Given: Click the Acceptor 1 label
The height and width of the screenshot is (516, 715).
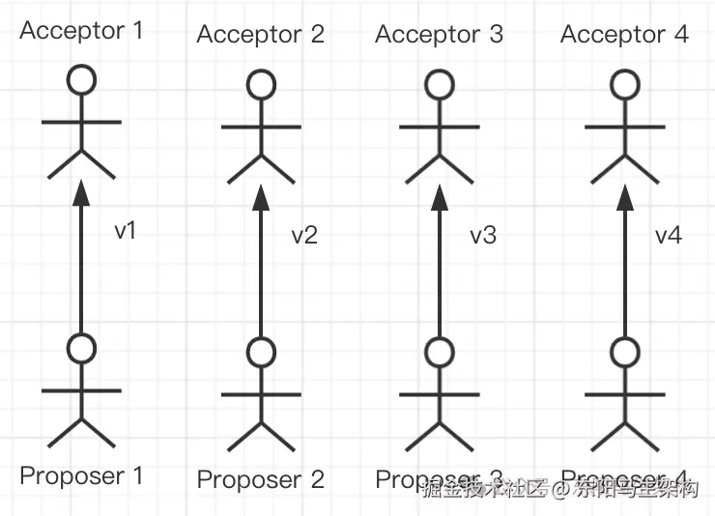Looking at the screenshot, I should click(x=81, y=30).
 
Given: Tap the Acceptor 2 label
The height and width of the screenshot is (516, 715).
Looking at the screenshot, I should click(x=260, y=35).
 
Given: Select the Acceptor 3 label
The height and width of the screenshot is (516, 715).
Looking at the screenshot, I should click(x=439, y=35).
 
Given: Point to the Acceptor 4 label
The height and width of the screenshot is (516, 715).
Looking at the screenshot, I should click(x=624, y=35).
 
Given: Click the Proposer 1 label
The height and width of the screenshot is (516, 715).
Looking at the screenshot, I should click(x=81, y=475).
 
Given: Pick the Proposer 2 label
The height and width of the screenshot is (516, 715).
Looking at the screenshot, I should click(x=260, y=479).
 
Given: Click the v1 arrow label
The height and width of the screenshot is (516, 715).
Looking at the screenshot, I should click(x=126, y=231).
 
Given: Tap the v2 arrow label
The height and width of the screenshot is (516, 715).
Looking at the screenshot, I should click(x=304, y=235).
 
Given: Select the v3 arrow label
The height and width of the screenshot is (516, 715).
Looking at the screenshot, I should click(x=483, y=235).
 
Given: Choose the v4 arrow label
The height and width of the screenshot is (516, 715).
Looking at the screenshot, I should click(x=669, y=235).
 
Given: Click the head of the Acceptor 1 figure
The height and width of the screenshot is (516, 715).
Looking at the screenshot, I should click(x=82, y=80).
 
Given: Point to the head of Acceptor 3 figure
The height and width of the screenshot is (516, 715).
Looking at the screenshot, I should click(x=440, y=85).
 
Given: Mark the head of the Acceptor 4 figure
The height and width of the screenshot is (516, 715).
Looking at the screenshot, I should click(x=625, y=85).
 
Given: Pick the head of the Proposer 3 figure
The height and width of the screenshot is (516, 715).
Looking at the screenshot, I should click(x=440, y=352).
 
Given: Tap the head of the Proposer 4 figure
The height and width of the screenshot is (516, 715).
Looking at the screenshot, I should click(x=625, y=352).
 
